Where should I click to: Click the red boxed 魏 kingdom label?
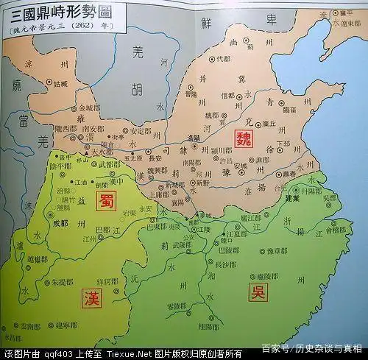coord(243,139)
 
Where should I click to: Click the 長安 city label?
coord(155,157)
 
